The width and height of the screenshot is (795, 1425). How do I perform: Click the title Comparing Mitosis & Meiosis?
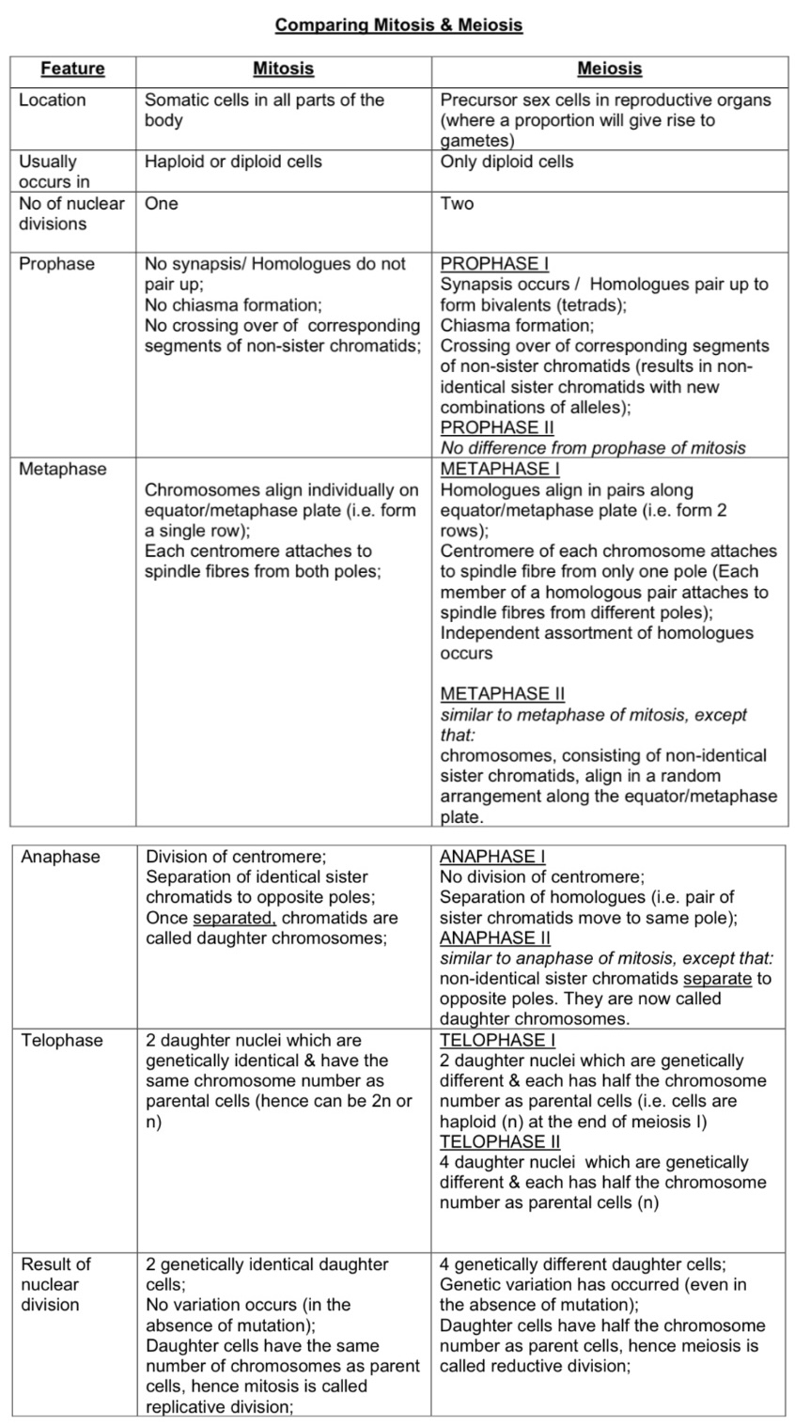pos(398,25)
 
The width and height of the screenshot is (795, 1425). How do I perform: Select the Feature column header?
pos(72,69)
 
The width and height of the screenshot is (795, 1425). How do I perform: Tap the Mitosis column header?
pos(283,69)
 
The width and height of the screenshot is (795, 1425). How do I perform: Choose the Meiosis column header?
pos(609,69)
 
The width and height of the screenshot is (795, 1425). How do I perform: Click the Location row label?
pos(53,100)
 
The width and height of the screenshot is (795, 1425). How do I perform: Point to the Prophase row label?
pos(57,264)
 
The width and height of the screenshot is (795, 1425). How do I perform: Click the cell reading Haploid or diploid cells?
pos(233,162)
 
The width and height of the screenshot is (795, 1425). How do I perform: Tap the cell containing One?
pos(161,204)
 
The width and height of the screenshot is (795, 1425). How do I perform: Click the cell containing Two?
pos(457,204)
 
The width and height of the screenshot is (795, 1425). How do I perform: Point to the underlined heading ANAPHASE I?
pos(492,857)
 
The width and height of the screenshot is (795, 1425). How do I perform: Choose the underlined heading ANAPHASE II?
pos(495,938)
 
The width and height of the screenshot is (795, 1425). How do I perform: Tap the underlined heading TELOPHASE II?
pos(500,1142)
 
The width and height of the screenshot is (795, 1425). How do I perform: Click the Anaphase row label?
pos(60,857)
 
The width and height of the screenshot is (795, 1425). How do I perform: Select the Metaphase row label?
pos(63,469)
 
